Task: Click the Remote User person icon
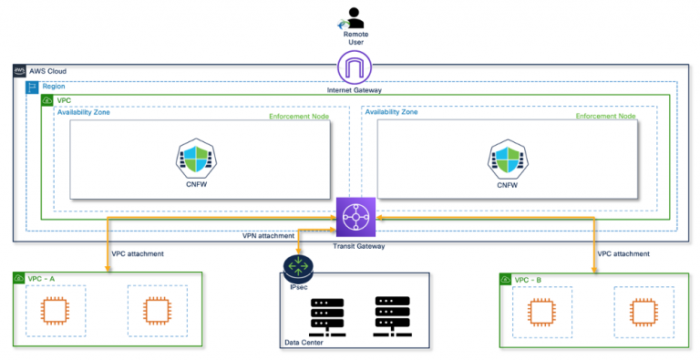pos(350,15)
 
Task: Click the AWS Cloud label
pos(46,71)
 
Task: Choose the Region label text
pos(53,85)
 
